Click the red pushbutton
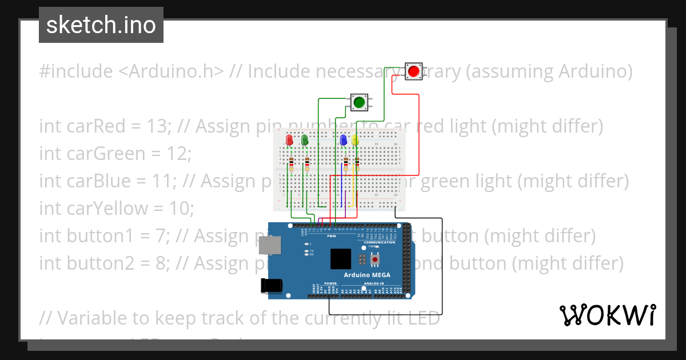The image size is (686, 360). pyautogui.click(x=413, y=71)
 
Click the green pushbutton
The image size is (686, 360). pyautogui.click(x=359, y=102)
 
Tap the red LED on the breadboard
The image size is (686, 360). pyautogui.click(x=290, y=140)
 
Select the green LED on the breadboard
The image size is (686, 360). pyautogui.click(x=305, y=140)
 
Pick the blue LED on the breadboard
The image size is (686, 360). pyautogui.click(x=344, y=140)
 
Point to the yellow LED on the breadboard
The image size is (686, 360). pyautogui.click(x=355, y=140)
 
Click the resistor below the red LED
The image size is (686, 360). pyautogui.click(x=292, y=165)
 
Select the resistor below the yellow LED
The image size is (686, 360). pyautogui.click(x=357, y=165)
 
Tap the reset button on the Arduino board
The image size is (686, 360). pyautogui.click(x=375, y=260)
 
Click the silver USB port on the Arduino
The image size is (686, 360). pyautogui.click(x=269, y=246)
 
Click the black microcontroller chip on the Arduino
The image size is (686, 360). pyautogui.click(x=341, y=259)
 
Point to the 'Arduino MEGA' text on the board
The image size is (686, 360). pyautogui.click(x=366, y=275)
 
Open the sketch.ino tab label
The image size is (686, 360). pyautogui.click(x=101, y=25)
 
